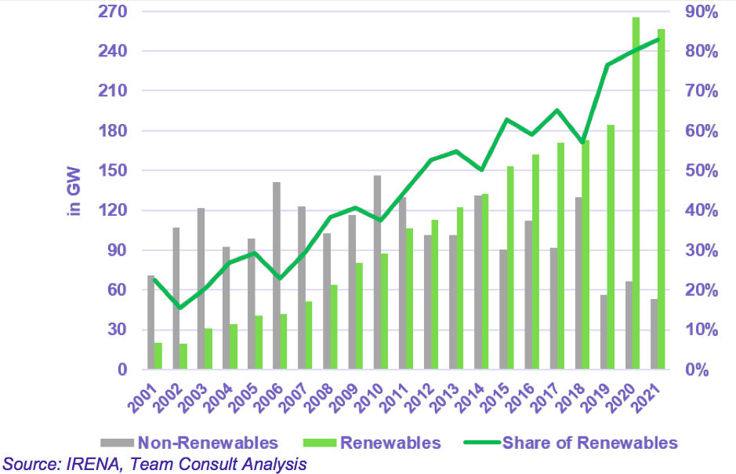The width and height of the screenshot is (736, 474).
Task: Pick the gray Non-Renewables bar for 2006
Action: coord(277,275)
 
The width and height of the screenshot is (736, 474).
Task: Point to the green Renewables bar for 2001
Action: coord(158,356)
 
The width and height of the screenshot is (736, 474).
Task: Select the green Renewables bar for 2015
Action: coord(510,268)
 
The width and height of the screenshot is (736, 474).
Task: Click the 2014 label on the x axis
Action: coord(468,392)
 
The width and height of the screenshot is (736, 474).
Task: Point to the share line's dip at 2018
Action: coord(582,143)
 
